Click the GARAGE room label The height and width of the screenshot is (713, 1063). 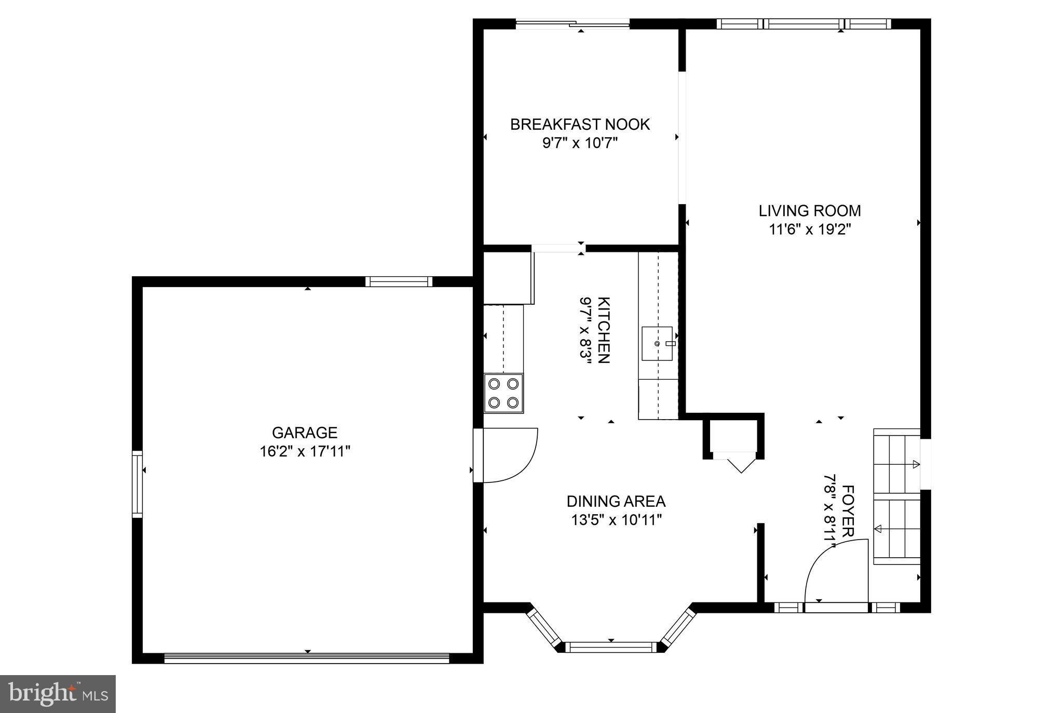pyautogui.click(x=305, y=433)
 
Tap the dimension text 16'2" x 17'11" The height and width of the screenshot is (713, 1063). pyautogui.click(x=305, y=451)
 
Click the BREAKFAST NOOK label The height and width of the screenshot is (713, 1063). pyautogui.click(x=580, y=125)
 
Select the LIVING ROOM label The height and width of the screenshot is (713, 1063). pyautogui.click(x=810, y=211)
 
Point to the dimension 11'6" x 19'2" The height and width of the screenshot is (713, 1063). pyautogui.click(x=810, y=229)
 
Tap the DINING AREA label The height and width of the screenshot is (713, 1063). pyautogui.click(x=616, y=501)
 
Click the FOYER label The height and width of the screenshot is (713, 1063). pyautogui.click(x=848, y=511)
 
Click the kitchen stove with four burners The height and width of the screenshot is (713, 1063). pyautogui.click(x=503, y=393)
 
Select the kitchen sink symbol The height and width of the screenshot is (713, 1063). pyautogui.click(x=657, y=343)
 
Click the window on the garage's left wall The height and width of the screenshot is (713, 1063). pyautogui.click(x=137, y=484)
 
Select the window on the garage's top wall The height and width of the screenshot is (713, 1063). pyautogui.click(x=399, y=281)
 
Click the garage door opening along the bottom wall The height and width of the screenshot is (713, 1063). pyautogui.click(x=306, y=658)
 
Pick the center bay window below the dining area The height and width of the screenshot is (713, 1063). pyautogui.click(x=610, y=647)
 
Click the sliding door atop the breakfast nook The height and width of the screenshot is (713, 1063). pyautogui.click(x=573, y=23)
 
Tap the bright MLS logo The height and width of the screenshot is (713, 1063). pyautogui.click(x=58, y=694)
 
